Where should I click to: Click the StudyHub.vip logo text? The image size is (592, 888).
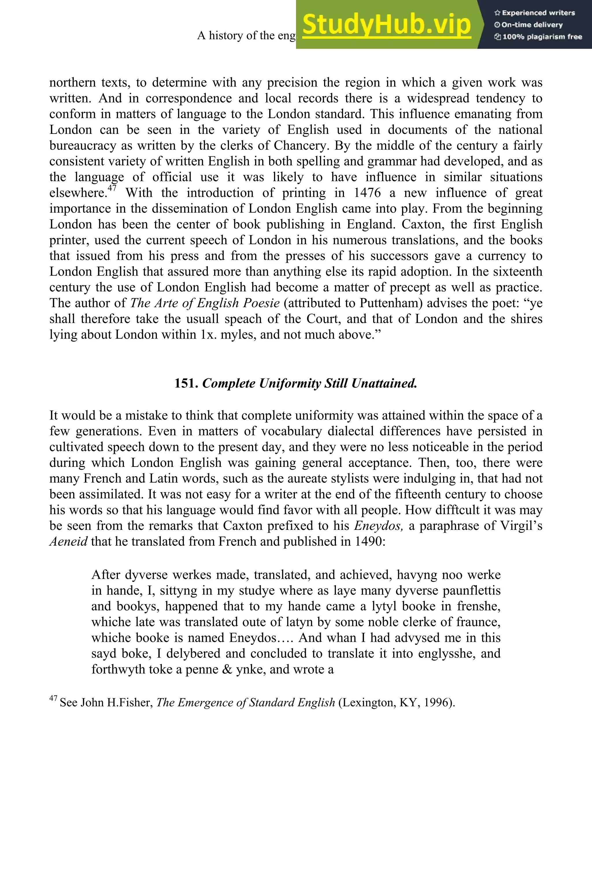click(386, 25)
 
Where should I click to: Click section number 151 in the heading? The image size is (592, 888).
click(186, 384)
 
